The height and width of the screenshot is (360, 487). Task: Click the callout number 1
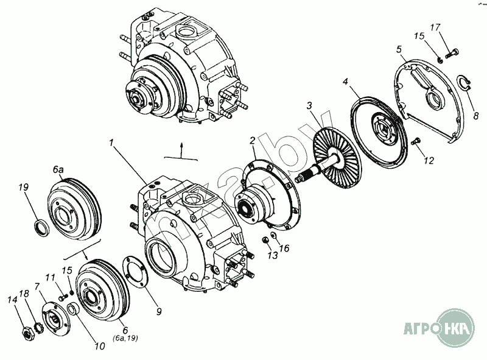coord(112,143)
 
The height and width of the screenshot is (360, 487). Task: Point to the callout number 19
coord(24,188)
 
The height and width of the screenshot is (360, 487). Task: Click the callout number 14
coord(12,299)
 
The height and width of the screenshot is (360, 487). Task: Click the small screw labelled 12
coord(416,142)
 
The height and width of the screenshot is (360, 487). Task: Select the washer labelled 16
coord(274,236)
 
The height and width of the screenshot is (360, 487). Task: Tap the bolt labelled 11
coord(63,298)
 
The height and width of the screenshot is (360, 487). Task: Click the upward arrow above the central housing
coord(181,147)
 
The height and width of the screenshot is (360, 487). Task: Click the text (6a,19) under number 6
coord(125,339)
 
